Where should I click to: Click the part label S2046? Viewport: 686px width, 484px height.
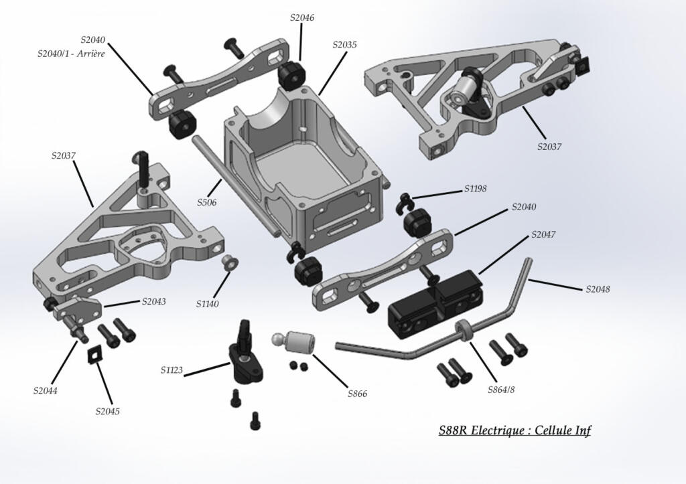click(302, 18)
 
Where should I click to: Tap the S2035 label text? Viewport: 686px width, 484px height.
click(344, 45)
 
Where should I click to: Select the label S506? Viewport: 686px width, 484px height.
click(206, 201)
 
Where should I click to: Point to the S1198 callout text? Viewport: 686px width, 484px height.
click(476, 189)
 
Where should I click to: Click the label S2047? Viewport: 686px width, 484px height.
click(543, 235)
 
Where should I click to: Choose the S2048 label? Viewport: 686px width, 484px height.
click(598, 289)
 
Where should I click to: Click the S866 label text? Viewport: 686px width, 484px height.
click(357, 394)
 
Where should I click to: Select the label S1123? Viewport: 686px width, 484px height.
click(173, 370)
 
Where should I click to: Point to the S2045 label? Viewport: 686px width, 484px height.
click(107, 411)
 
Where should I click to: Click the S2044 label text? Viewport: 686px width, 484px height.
click(45, 390)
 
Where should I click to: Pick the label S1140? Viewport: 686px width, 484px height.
click(208, 304)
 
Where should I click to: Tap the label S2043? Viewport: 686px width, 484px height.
click(154, 301)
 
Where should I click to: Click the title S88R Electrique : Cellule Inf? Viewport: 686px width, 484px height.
click(514, 430)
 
